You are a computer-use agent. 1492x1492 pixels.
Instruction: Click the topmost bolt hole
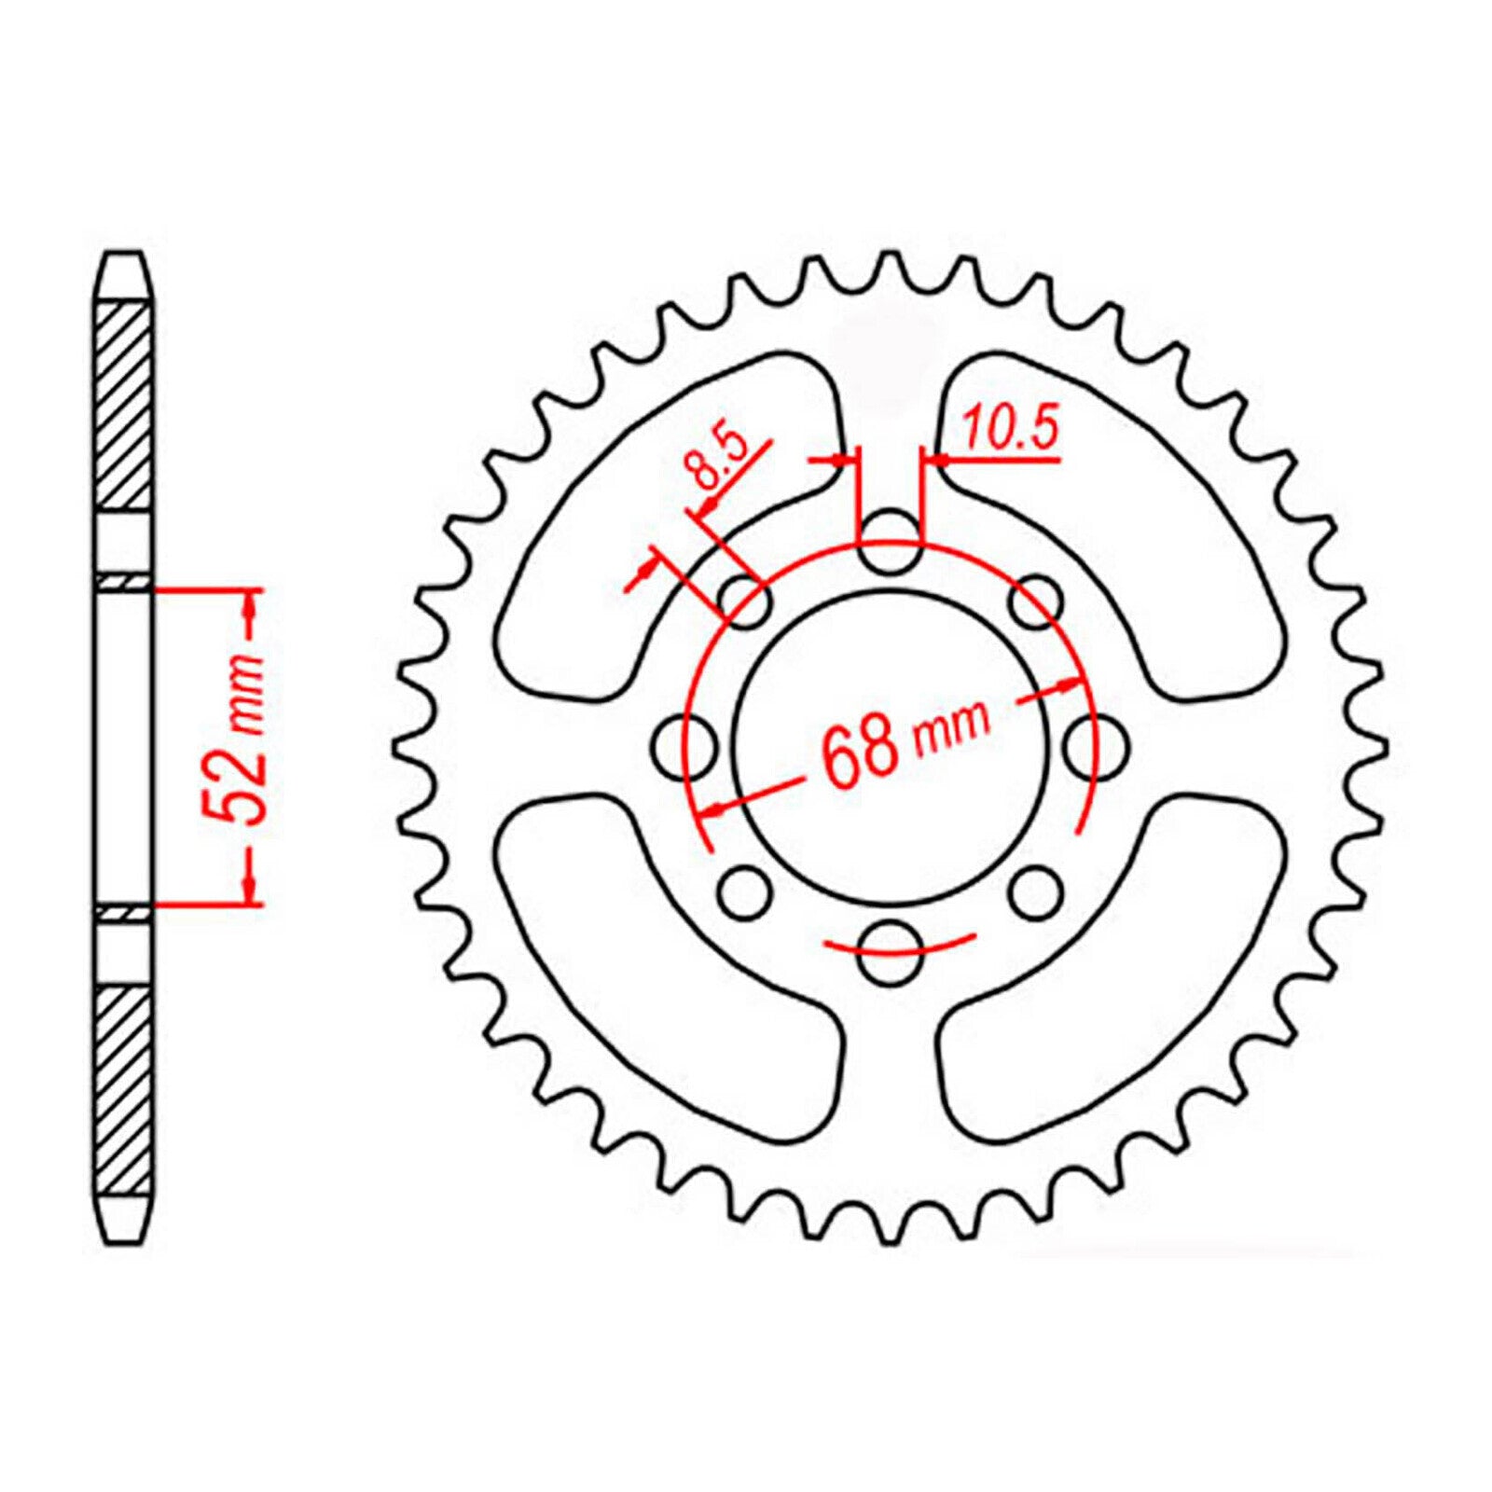coord(888,543)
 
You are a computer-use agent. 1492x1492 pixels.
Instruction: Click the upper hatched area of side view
coord(123,406)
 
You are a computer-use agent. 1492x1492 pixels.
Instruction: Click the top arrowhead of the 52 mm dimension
coord(249,606)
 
